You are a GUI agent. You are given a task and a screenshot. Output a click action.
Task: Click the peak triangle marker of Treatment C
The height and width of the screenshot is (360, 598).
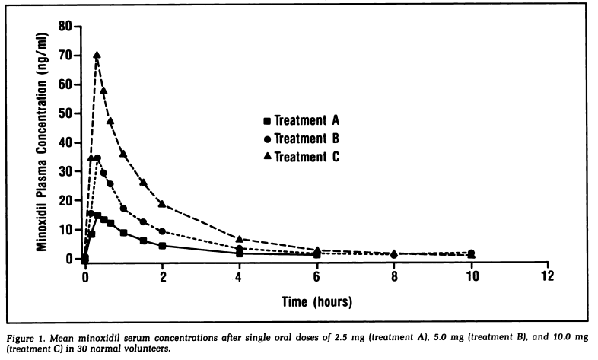(97, 55)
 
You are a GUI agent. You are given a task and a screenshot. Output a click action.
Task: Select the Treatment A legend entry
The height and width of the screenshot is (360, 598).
(301, 120)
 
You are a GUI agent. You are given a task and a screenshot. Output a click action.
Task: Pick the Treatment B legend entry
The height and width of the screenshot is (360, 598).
(301, 139)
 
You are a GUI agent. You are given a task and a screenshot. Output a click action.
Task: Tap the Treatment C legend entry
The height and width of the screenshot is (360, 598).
(301, 157)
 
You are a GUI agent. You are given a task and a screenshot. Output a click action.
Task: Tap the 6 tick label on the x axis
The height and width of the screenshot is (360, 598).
(316, 276)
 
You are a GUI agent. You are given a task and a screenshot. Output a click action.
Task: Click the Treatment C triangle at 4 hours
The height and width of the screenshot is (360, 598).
(240, 240)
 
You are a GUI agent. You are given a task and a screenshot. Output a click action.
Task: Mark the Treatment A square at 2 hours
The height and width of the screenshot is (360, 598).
(162, 246)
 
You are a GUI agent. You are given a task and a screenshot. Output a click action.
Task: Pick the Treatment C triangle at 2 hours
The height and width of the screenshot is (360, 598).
(162, 204)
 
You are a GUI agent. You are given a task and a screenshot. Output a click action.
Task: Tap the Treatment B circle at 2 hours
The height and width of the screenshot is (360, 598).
(162, 231)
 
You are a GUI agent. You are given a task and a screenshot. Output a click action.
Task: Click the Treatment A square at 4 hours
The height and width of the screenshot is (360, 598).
(240, 253)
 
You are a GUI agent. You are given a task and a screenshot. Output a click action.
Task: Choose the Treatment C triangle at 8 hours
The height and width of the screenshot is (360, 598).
(394, 253)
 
